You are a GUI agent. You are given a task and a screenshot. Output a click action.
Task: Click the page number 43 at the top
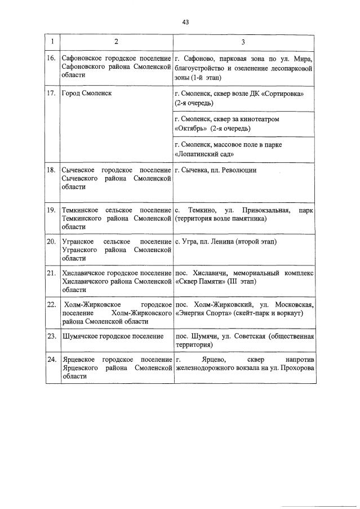[185, 22]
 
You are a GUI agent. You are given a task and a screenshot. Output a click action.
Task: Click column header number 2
[116, 42]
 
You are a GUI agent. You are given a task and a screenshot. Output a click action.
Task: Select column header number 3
[243, 42]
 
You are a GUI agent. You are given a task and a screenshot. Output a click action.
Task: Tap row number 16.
[51, 59]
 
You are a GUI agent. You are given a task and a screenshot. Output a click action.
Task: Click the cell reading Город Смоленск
[86, 93]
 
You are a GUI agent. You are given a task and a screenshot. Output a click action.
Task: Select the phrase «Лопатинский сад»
[205, 153]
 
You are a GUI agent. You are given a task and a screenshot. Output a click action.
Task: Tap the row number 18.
[51, 170]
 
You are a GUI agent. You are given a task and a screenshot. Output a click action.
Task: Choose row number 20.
[51, 242]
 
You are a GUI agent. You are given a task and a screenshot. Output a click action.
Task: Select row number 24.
[51, 360]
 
